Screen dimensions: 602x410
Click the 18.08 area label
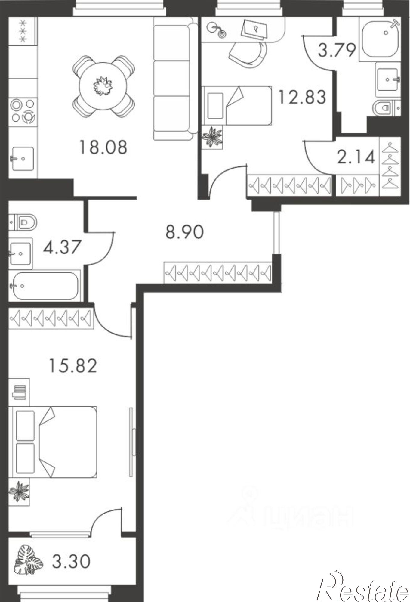pos(103,148)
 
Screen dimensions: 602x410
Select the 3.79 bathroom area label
pos(337,50)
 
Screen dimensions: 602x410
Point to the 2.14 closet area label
pos(356,157)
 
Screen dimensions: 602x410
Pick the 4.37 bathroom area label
pos(63,247)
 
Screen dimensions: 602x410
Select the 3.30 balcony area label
pos(71,561)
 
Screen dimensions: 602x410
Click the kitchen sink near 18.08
pos(23,158)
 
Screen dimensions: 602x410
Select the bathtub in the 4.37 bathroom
pos(45,286)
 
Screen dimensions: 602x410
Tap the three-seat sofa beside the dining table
pos(173,78)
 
